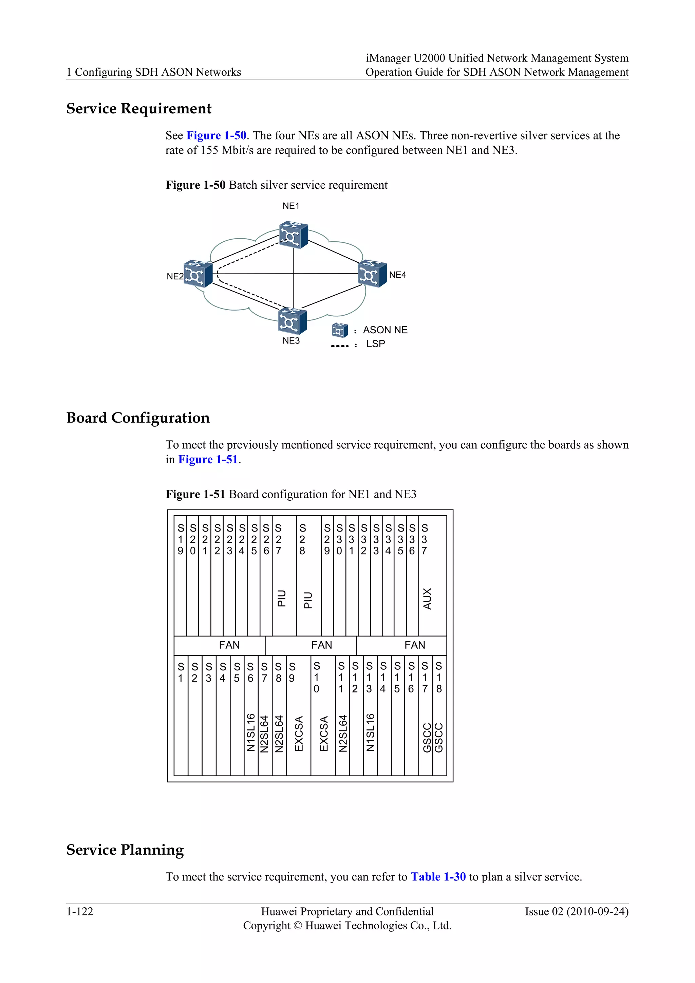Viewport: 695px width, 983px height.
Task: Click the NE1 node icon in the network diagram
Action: point(293,235)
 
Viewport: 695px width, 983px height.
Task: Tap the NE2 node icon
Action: point(198,274)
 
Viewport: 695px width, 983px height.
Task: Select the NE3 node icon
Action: point(292,321)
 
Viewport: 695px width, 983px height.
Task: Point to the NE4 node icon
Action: point(372,274)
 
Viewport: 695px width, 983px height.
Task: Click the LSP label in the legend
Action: point(375,344)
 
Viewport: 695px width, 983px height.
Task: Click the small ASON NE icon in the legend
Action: point(340,330)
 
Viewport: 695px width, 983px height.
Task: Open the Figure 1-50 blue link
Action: point(216,136)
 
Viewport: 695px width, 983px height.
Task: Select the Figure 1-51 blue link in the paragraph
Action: point(208,460)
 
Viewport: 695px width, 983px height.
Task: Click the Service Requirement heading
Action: point(139,109)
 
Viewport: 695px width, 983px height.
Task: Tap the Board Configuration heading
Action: point(138,418)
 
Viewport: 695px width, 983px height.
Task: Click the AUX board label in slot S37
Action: point(427,598)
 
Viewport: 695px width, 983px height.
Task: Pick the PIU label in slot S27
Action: point(282,598)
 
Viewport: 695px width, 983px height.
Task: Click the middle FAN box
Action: point(321,645)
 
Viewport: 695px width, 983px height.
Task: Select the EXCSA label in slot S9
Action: point(299,733)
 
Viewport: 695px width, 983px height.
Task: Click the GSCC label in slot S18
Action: point(439,737)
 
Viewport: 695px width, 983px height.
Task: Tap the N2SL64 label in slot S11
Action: point(342,733)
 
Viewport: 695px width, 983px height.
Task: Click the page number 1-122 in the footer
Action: point(80,911)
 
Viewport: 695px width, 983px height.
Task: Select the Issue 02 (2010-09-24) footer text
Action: point(577,911)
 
